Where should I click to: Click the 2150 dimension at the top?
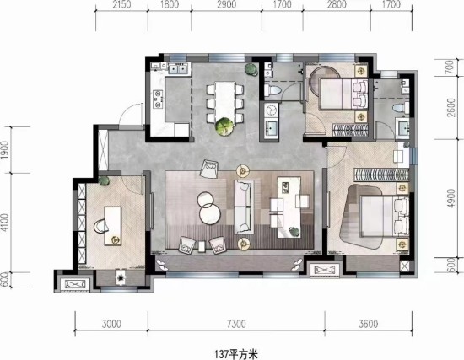point(121,5)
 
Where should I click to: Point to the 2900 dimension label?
point(226,5)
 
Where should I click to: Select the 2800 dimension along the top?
point(337,5)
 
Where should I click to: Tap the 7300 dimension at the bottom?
point(236,324)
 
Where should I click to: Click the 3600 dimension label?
point(368,324)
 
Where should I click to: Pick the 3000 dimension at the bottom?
point(111,324)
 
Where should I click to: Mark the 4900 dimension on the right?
point(451,198)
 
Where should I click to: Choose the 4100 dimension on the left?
point(5,223)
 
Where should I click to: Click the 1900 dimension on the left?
point(5,150)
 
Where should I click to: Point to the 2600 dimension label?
point(451,107)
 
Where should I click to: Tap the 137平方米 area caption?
point(236,354)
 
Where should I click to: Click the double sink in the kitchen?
point(178,69)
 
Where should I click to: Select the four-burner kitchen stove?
point(158,99)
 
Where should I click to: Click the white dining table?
point(225,100)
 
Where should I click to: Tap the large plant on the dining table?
point(224,126)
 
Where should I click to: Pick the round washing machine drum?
point(270,110)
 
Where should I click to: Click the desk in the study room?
point(113,226)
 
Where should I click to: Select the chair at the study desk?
point(101,226)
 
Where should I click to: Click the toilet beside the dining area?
point(272,90)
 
